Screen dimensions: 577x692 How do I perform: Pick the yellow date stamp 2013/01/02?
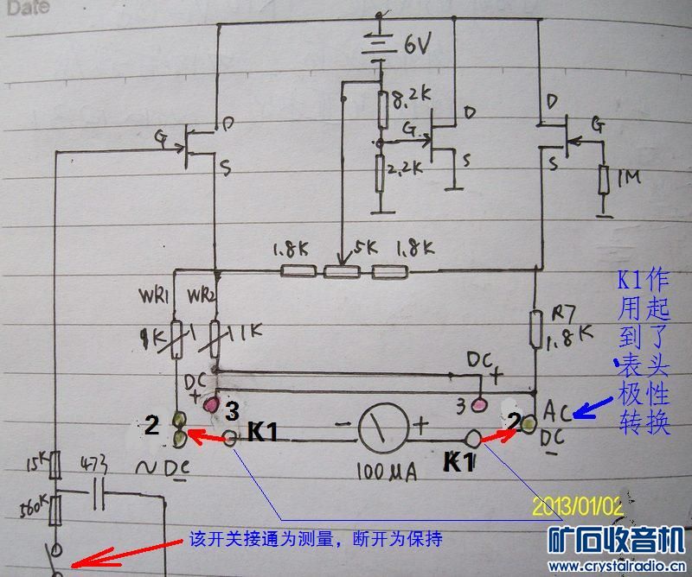click(x=579, y=505)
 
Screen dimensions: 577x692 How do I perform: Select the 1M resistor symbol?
click(x=605, y=181)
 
